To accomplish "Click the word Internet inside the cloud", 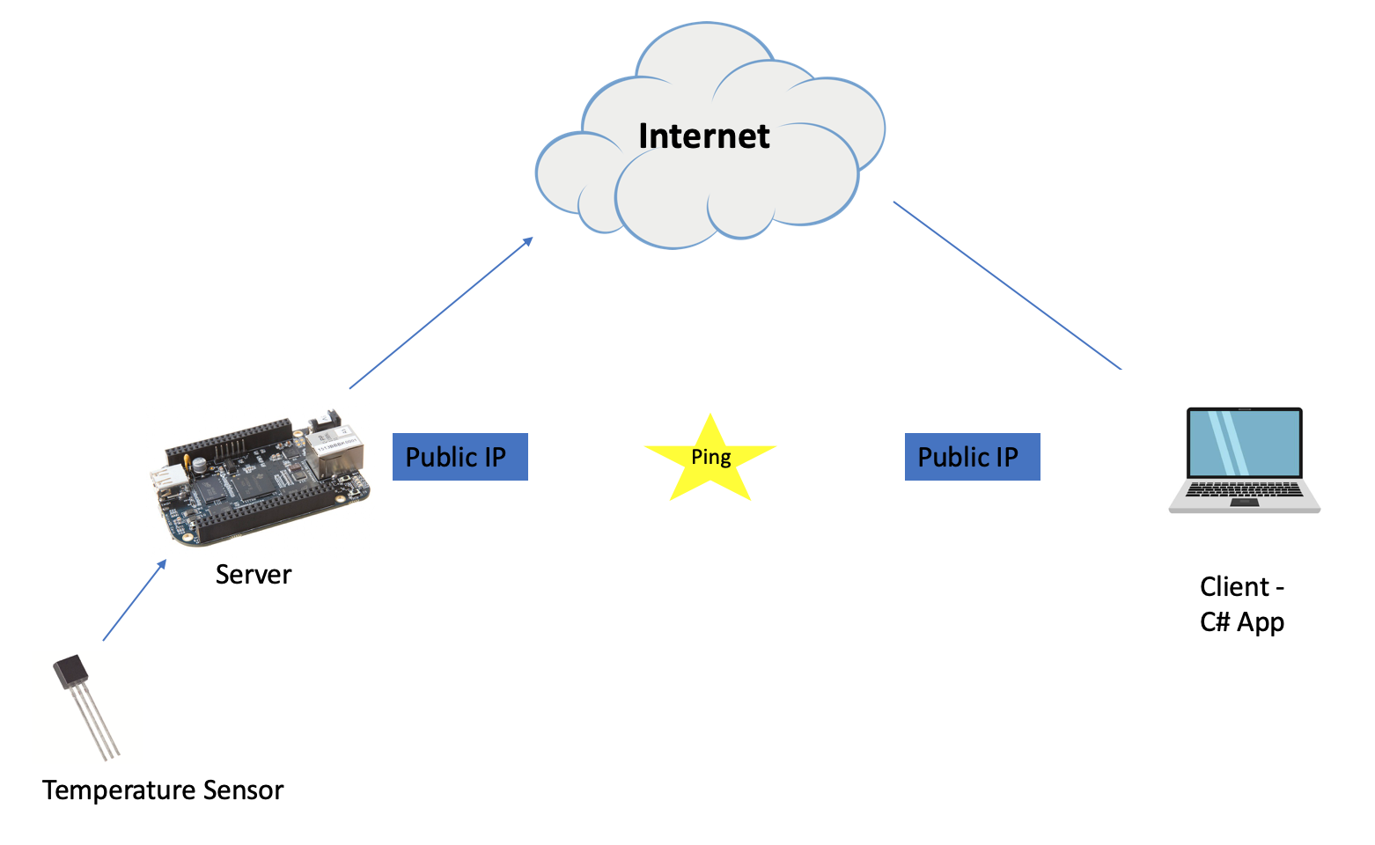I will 703,136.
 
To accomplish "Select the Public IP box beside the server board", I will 460,457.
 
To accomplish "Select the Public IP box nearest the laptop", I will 972,457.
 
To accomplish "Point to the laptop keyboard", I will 1244,489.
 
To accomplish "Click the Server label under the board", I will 253,575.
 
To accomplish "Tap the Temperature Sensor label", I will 163,790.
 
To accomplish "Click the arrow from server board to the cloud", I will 440,313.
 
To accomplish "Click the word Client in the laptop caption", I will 1234,587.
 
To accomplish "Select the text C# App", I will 1241,622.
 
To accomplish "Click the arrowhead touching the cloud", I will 528,240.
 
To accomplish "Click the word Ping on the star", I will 710,457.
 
